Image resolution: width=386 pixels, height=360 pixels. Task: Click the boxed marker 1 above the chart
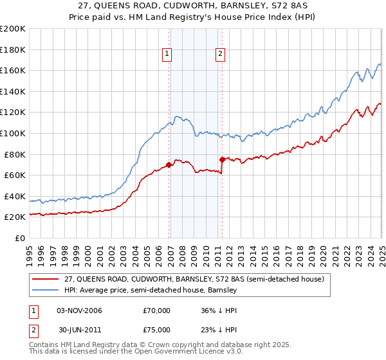tap(167, 55)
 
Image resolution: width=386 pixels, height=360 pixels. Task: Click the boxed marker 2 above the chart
tap(220, 55)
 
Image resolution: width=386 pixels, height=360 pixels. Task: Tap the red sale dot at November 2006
tap(169, 165)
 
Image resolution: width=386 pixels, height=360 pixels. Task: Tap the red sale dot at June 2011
tap(222, 159)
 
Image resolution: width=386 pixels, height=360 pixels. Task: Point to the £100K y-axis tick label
tap(13, 133)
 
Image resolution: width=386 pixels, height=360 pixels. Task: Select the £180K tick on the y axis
tap(13, 50)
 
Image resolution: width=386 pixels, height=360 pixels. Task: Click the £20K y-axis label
tap(15, 217)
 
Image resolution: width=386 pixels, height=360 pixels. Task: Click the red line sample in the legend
tap(46, 279)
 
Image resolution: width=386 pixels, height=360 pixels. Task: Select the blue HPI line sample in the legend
tap(46, 290)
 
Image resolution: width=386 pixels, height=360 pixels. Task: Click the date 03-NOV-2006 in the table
tap(79, 310)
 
